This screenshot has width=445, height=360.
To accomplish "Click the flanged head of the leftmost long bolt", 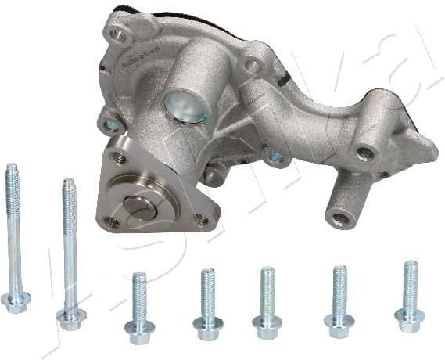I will [x=16, y=301].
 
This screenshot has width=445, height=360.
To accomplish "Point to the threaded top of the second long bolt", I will [x=67, y=188].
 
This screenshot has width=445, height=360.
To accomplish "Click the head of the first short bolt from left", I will [x=138, y=326].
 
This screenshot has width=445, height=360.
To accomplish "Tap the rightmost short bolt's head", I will [x=410, y=318].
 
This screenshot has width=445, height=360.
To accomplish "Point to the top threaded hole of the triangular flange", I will [x=120, y=158].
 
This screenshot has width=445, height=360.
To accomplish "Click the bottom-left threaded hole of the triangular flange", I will [x=113, y=221].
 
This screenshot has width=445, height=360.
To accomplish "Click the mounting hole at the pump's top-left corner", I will [x=118, y=34].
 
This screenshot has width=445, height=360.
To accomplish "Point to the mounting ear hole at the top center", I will [x=251, y=66].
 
